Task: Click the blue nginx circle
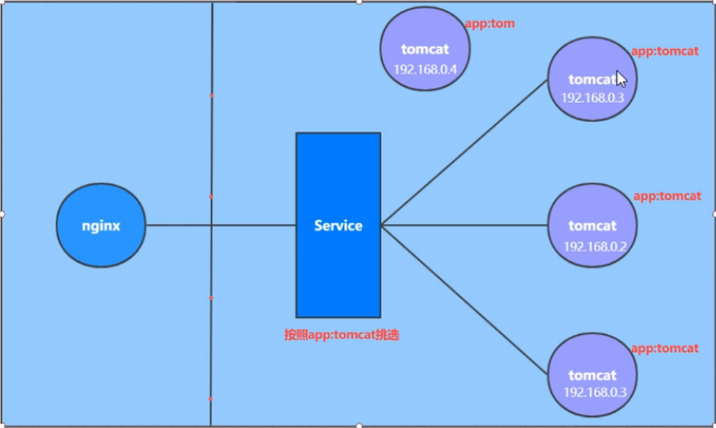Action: (x=101, y=226)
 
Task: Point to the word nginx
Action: (x=101, y=226)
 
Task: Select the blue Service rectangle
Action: (x=338, y=272)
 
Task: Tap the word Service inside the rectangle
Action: (x=338, y=226)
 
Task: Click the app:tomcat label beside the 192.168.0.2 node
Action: (x=667, y=197)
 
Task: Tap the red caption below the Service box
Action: (x=342, y=334)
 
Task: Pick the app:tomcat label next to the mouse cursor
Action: (x=665, y=52)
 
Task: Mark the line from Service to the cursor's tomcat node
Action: (x=463, y=153)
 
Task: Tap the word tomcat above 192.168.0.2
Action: (x=592, y=226)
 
